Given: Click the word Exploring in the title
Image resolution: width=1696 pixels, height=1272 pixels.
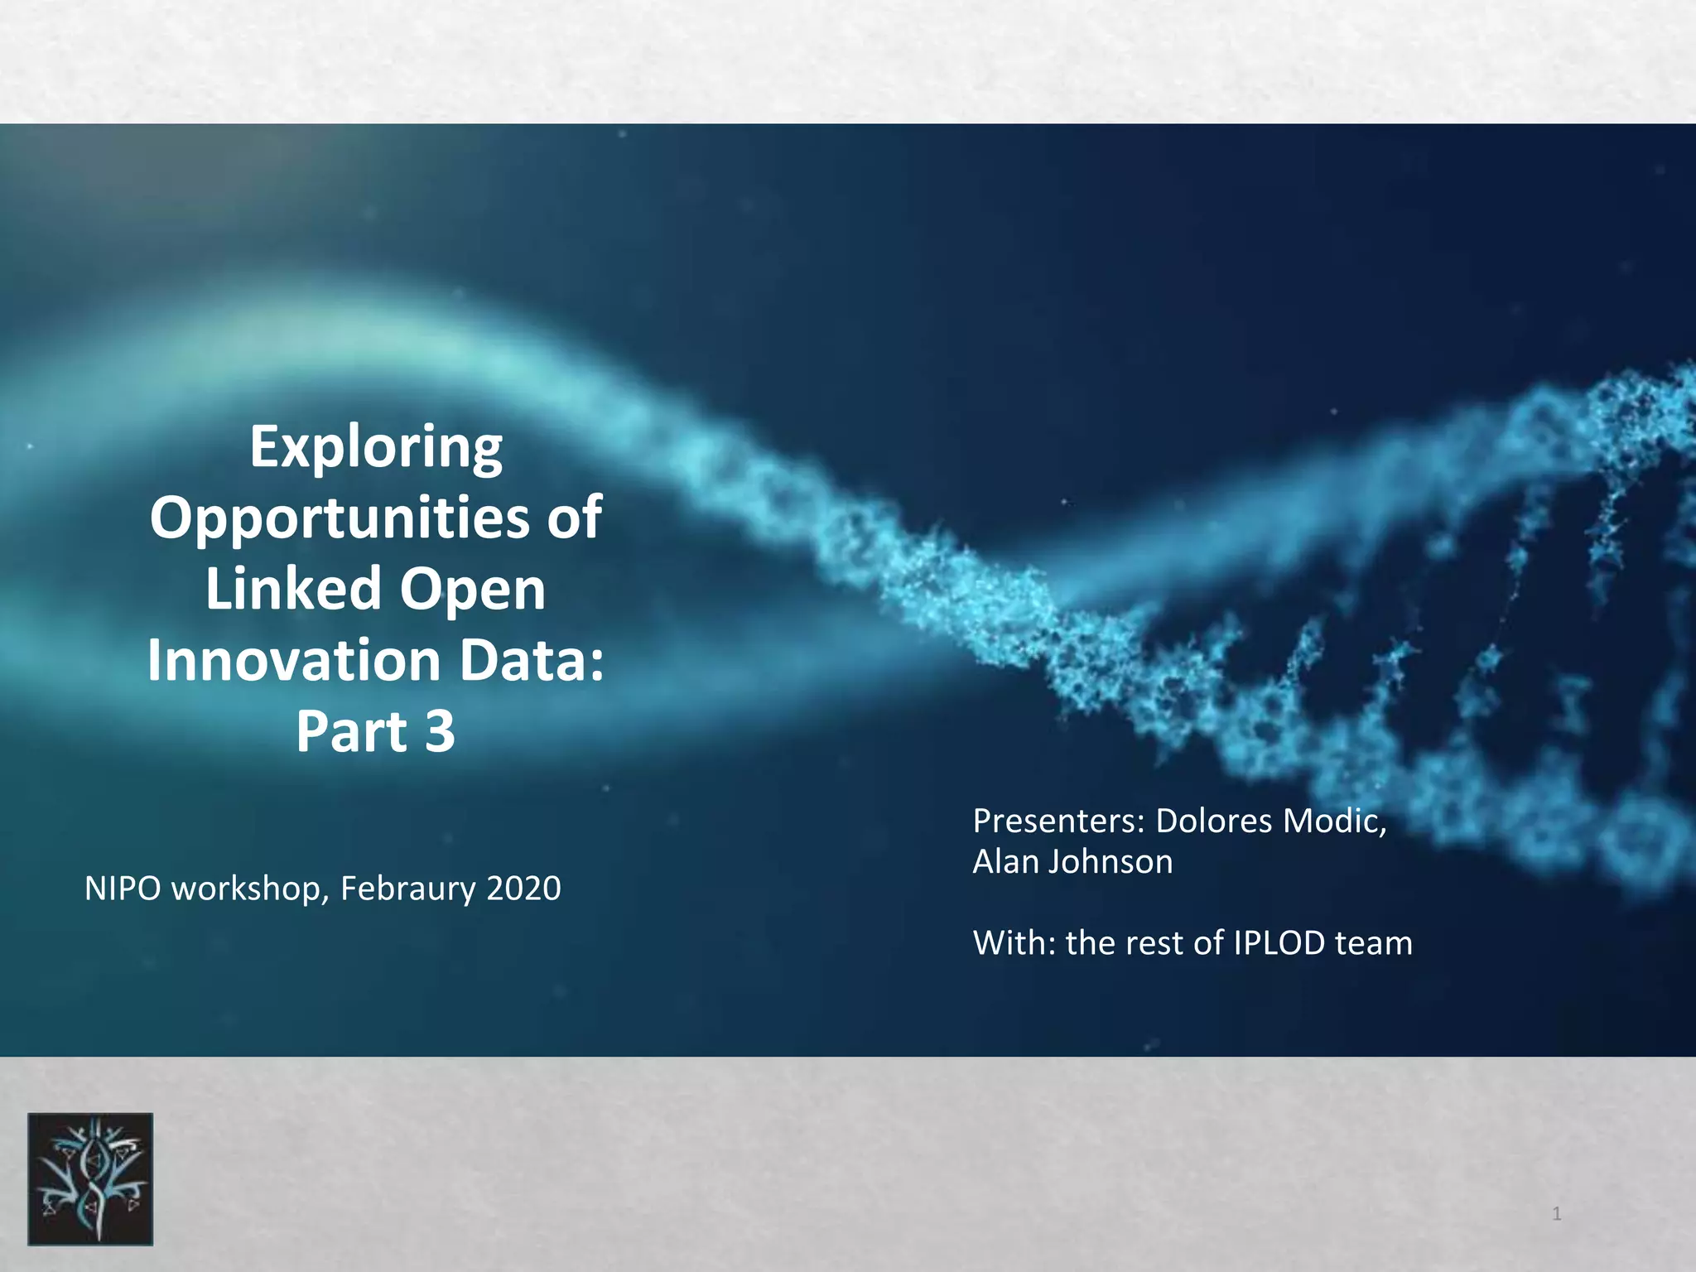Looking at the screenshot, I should click(x=376, y=449).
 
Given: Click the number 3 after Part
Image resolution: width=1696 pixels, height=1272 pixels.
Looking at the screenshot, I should click(x=440, y=731).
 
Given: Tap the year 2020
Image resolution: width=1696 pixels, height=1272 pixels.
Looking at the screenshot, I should click(x=524, y=889).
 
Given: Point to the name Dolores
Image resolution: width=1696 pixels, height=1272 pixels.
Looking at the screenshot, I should click(x=1213, y=821).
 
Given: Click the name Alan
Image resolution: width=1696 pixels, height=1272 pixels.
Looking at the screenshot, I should click(x=1005, y=862).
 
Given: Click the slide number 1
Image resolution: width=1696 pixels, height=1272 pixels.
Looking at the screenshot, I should click(x=1556, y=1215).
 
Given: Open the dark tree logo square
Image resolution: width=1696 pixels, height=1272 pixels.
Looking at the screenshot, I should click(x=90, y=1178).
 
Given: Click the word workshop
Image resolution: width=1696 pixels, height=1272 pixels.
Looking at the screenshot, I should click(x=252, y=889).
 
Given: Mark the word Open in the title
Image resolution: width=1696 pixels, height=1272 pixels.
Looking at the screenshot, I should click(x=473, y=590).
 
